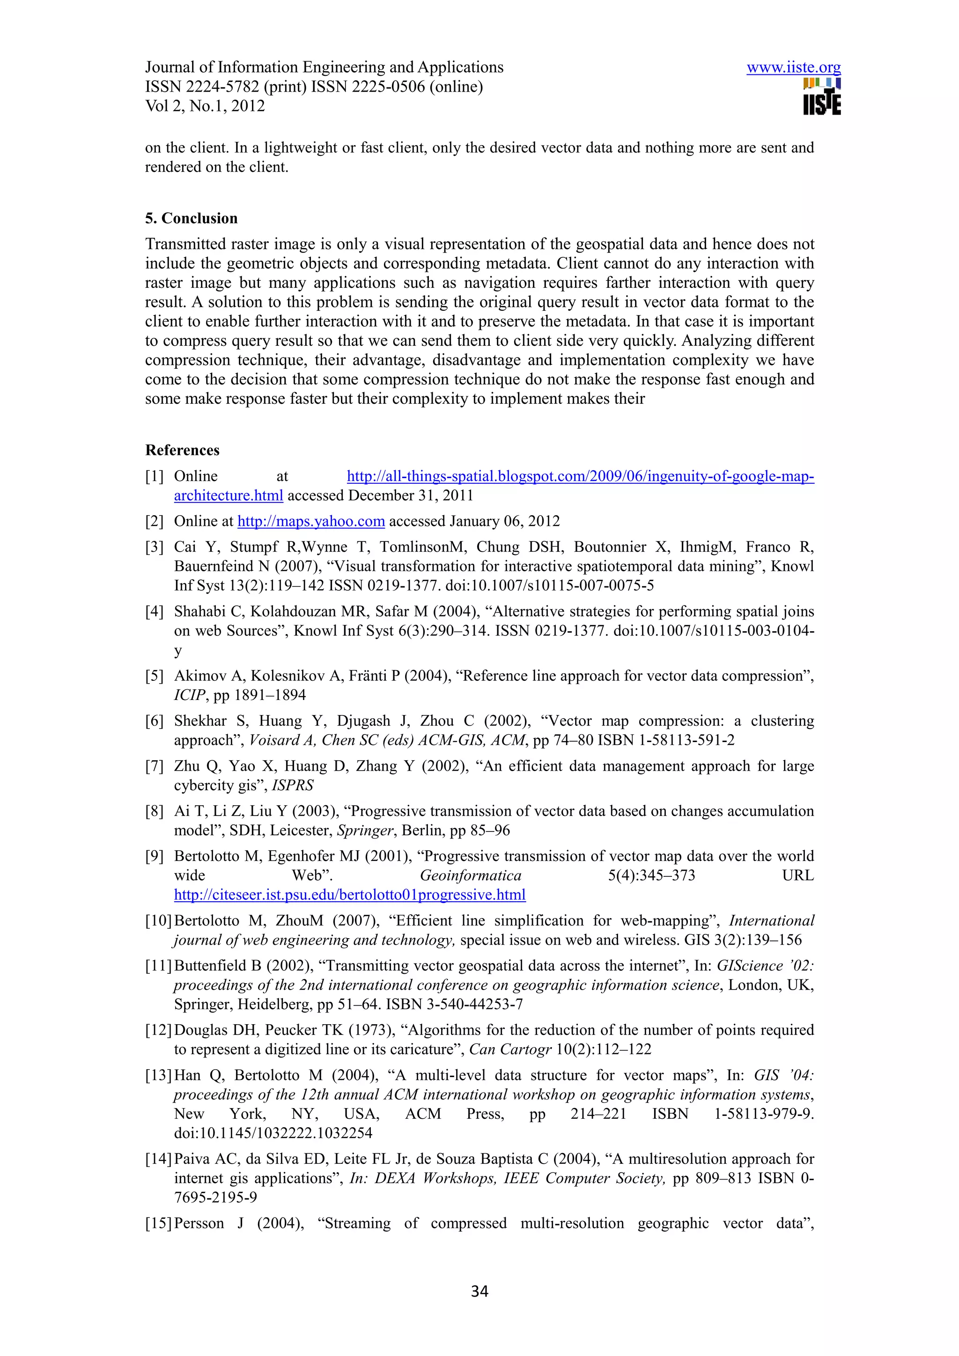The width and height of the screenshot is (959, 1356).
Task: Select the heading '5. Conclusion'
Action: [x=191, y=218]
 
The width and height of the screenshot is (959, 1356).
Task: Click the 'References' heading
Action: [x=182, y=450]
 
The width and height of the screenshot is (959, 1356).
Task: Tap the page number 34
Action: [x=479, y=1291]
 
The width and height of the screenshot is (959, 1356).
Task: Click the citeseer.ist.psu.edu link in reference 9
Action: [x=349, y=895]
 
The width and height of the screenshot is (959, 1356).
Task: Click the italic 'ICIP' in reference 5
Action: [x=189, y=695]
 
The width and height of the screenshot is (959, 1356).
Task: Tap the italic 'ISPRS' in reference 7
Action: [x=293, y=786]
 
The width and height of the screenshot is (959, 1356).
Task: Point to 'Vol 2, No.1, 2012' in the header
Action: [x=205, y=106]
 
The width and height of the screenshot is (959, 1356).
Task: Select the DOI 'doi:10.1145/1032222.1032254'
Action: [x=273, y=1133]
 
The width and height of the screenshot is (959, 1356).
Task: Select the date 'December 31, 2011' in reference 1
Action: [x=411, y=496]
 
